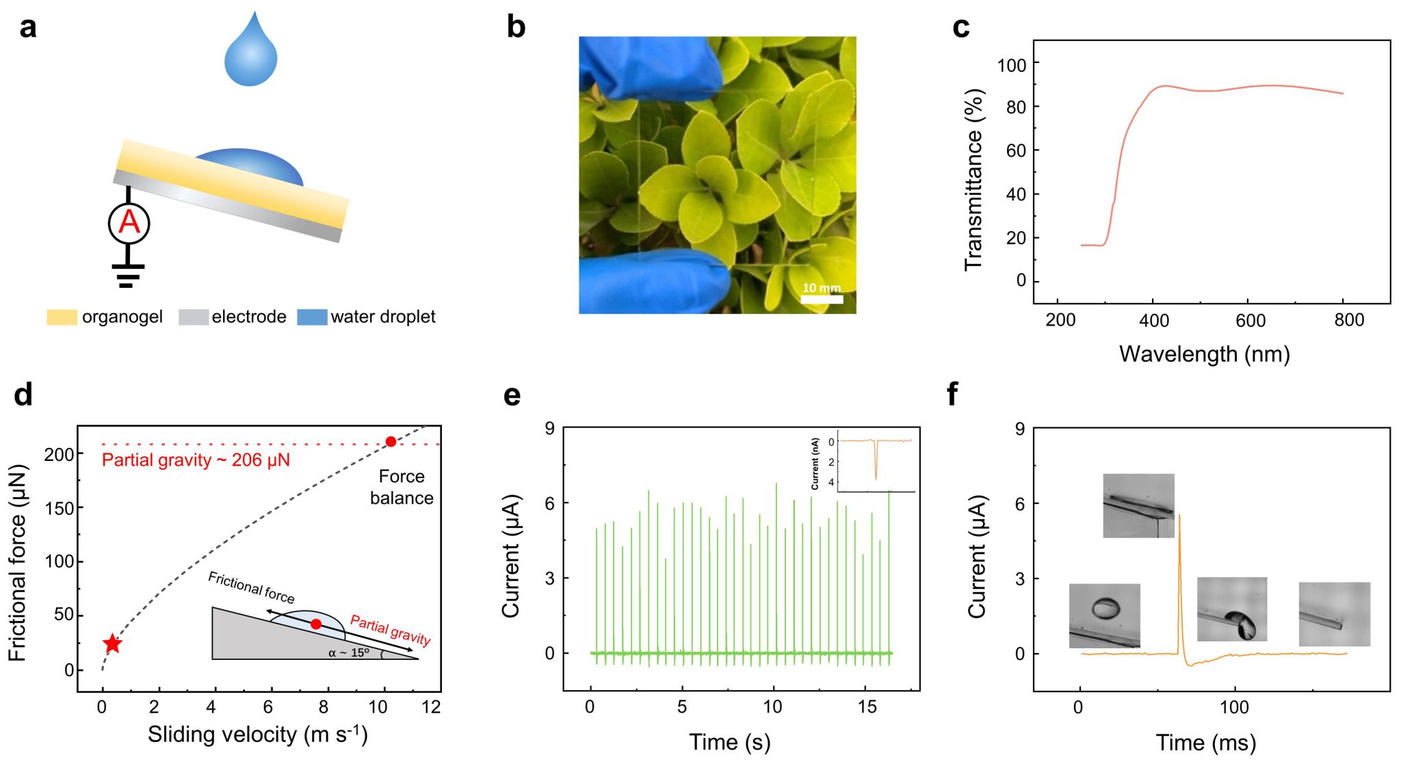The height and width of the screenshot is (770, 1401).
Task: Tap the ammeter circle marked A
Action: [129, 223]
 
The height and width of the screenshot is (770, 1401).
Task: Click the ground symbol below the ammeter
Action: [127, 275]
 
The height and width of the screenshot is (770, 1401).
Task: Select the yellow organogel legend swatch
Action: [62, 317]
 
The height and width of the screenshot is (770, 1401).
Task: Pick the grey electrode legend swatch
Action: [193, 317]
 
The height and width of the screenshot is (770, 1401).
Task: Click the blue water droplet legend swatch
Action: [312, 317]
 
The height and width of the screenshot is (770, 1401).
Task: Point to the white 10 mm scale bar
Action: [822, 299]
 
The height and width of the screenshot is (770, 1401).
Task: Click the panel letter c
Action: [961, 27]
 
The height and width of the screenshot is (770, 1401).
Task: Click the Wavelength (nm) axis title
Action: [1204, 354]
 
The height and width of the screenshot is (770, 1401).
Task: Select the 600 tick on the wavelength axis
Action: [1251, 320]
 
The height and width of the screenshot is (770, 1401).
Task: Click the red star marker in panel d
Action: [112, 643]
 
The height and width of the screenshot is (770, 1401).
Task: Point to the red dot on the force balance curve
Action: [391, 442]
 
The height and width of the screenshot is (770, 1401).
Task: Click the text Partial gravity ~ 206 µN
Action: [196, 460]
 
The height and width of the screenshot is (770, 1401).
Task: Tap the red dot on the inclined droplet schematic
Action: [315, 624]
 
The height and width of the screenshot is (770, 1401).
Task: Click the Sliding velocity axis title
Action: [258, 734]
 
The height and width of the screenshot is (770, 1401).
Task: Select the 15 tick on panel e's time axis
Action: [867, 707]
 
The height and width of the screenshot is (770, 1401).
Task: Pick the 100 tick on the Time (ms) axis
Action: [1234, 707]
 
